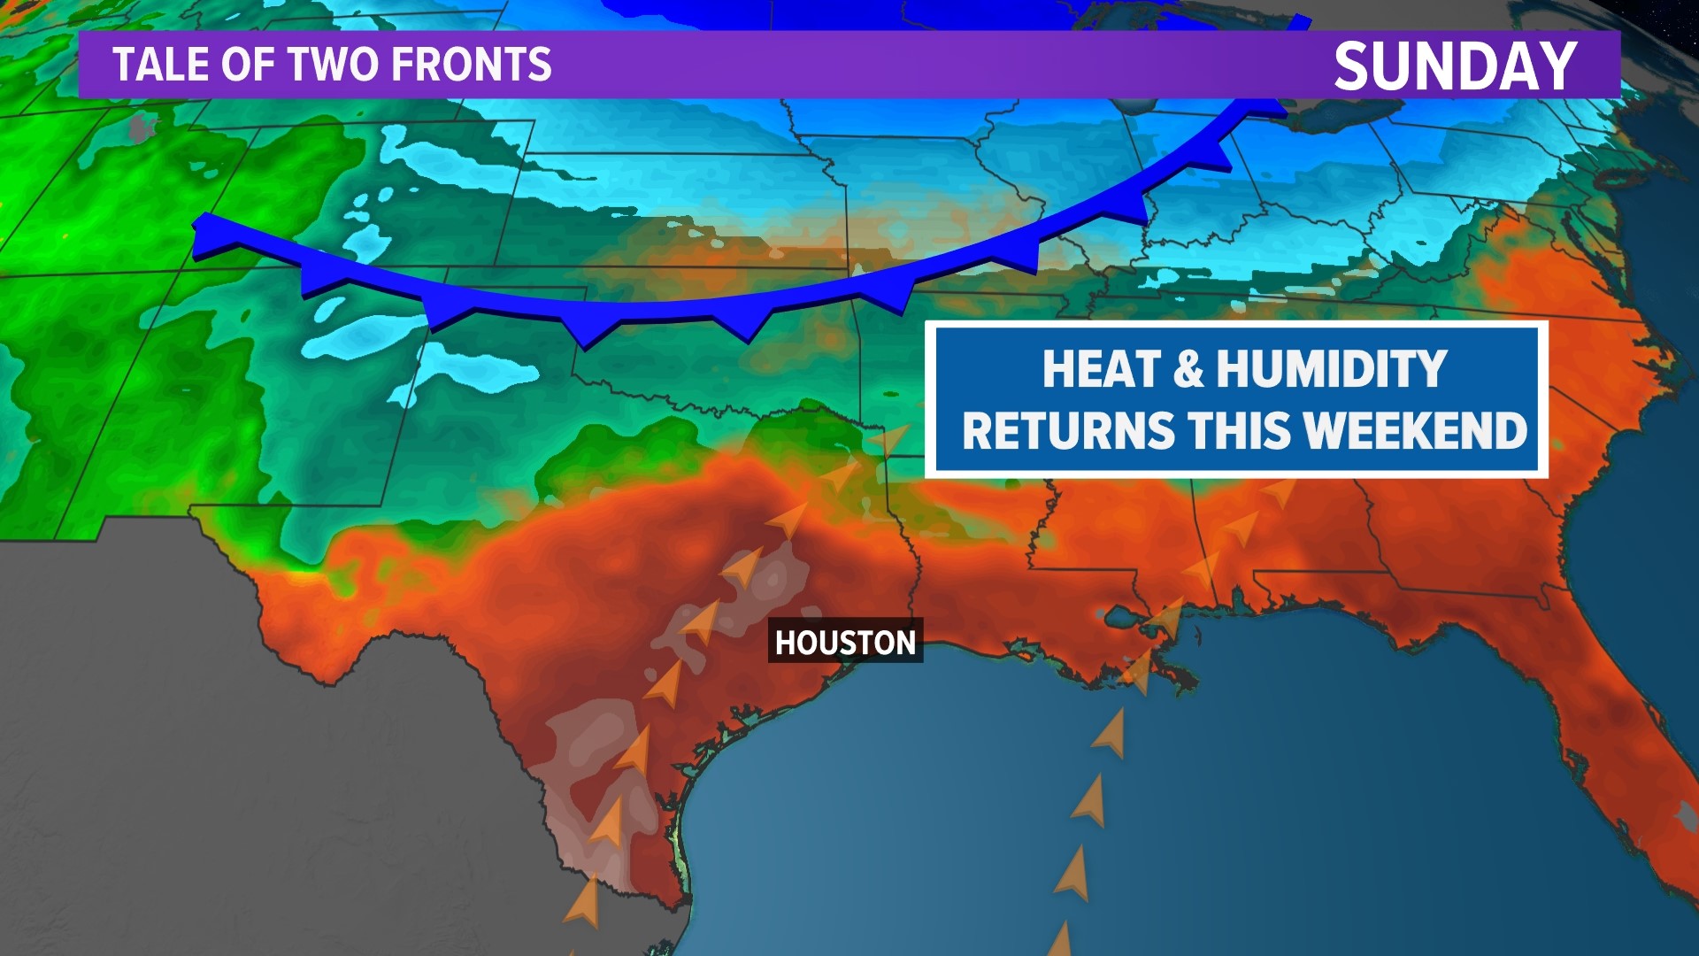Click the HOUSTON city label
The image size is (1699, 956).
coord(845,642)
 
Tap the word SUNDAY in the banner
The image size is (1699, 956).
coord(1455,66)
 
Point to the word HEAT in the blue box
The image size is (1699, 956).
coord(1101,368)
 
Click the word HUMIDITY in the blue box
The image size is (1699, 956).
coord(1331,368)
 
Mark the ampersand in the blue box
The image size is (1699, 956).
coord(1189,369)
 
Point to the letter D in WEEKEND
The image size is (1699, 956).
coord(1511,430)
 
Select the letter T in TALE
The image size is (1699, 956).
coord(124,65)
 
